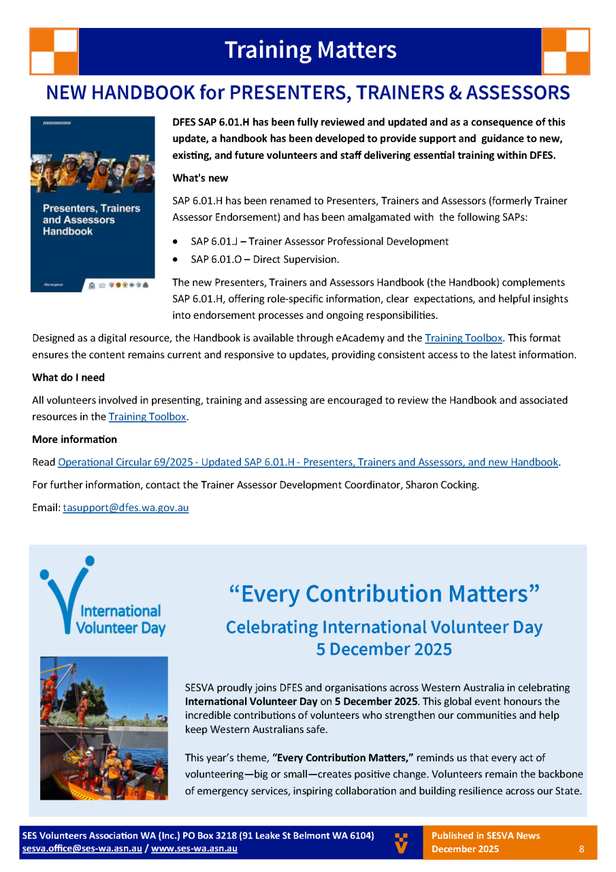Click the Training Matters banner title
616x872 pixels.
coord(310,50)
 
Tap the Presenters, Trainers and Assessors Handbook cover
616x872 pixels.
coord(93,204)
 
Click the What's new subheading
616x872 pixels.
coord(200,178)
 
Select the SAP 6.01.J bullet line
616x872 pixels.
coord(319,241)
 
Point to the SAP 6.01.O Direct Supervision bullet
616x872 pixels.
coord(265,259)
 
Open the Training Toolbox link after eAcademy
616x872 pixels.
coord(464,337)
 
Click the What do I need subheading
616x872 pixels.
coord(68,377)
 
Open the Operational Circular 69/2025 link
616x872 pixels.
coord(308,462)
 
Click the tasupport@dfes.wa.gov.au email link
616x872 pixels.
coord(125,508)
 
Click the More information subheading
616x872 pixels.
coord(74,439)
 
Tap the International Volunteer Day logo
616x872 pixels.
coord(103,597)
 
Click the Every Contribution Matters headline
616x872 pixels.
coord(385,594)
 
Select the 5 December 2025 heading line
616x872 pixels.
coord(384,649)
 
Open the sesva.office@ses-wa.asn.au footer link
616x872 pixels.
coord(82,849)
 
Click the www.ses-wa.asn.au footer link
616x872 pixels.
coord(194,849)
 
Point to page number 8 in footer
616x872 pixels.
coord(581,849)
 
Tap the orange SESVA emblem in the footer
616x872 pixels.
coord(402,842)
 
